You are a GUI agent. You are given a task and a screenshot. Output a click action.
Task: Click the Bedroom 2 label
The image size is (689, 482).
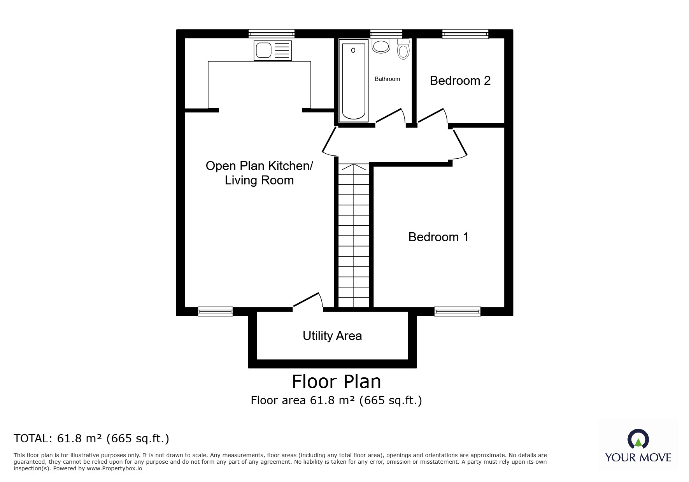click(460, 81)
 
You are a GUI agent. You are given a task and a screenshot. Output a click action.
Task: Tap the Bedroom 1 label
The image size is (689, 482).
click(438, 237)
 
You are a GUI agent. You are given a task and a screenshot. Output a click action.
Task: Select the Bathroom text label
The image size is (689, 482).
click(387, 79)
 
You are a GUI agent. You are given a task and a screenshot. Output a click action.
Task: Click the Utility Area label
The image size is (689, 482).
click(332, 336)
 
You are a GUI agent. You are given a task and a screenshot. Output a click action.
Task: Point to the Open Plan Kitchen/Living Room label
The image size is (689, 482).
click(259, 173)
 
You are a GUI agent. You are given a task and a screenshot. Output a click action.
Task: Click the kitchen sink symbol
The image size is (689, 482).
click(272, 51)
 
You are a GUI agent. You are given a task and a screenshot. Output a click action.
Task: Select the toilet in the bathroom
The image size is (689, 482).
click(403, 49)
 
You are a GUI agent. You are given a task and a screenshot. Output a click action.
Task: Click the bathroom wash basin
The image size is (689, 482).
click(380, 46)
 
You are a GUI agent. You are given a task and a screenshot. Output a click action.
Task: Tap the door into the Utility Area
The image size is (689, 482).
click(307, 301)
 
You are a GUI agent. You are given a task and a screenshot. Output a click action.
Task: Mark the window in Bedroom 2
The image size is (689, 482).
click(465, 34)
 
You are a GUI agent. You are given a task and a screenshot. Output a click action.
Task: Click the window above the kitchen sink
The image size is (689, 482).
click(271, 34)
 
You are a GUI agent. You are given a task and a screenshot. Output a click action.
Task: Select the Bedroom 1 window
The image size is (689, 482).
click(457, 311)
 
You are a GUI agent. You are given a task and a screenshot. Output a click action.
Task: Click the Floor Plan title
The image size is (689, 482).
click(336, 382)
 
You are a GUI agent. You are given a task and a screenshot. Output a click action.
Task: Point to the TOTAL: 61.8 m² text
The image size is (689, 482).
click(91, 438)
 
